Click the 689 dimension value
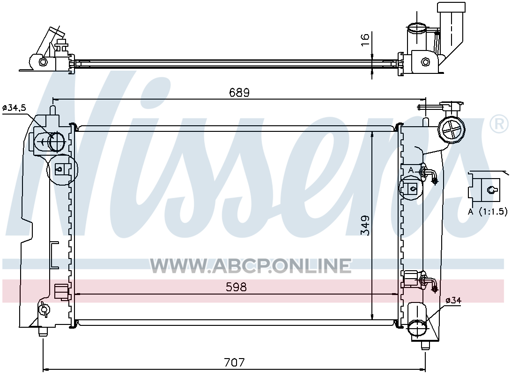239,93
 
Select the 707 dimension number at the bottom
234,362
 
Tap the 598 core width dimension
236,287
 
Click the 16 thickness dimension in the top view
365,36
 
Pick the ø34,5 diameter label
14,108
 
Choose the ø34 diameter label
453,301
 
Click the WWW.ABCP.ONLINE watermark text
251,266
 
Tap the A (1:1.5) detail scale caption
488,212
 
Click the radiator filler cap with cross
452,129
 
